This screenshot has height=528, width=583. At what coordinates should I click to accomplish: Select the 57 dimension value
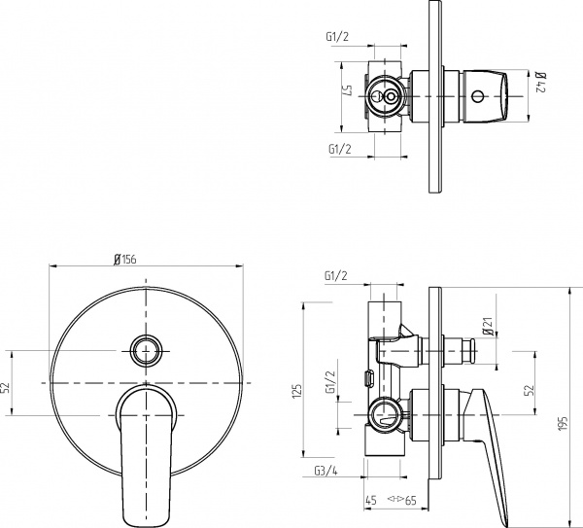click(344, 96)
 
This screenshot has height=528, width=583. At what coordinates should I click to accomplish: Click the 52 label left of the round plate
click(7, 386)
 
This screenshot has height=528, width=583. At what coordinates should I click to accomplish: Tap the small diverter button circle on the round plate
click(146, 348)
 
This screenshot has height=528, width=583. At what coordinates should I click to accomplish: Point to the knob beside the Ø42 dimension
click(486, 96)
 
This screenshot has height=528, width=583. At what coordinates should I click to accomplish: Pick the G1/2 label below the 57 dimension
click(340, 149)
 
